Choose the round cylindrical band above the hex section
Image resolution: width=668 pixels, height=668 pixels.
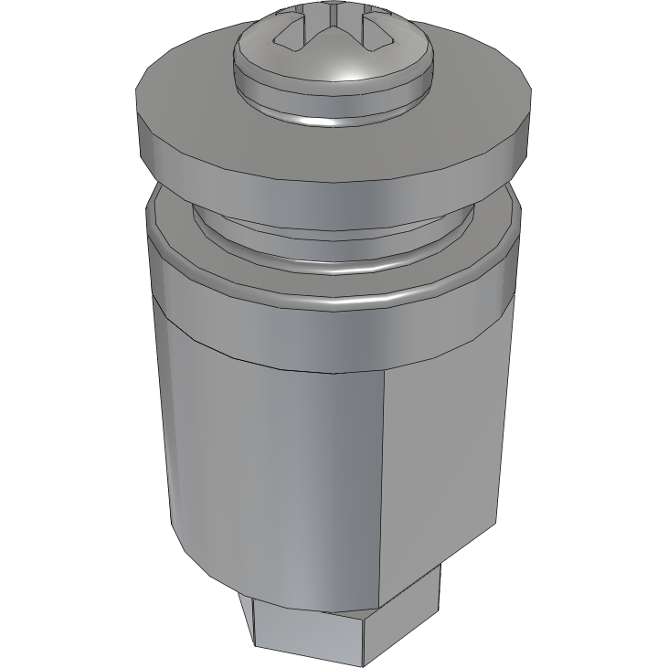pos(274,334)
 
